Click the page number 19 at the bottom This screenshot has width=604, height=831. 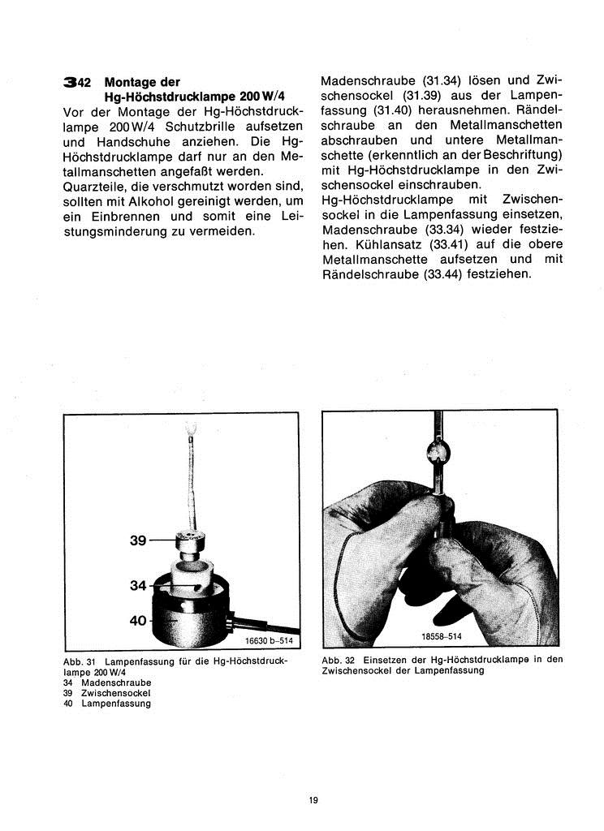pyautogui.click(x=313, y=800)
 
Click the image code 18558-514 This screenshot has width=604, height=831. pyautogui.click(x=442, y=637)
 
